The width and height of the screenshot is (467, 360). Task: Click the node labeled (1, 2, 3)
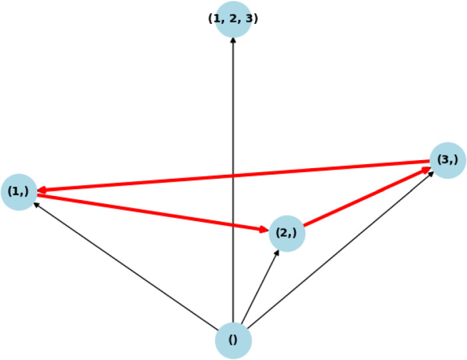coord(233,19)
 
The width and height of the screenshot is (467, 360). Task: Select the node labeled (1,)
coord(19,192)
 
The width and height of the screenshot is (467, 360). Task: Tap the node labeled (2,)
coord(287,233)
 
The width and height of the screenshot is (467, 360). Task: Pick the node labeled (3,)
coord(448,159)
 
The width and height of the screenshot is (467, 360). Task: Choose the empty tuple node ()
coord(233,340)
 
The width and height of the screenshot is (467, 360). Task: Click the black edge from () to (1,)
coord(126,266)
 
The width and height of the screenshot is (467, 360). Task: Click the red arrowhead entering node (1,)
coord(42,190)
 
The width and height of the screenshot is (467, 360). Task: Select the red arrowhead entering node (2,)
coord(264,230)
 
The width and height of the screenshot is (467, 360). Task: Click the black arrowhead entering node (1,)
coord(36,204)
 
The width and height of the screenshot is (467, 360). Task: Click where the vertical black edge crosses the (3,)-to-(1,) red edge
coord(233,176)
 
